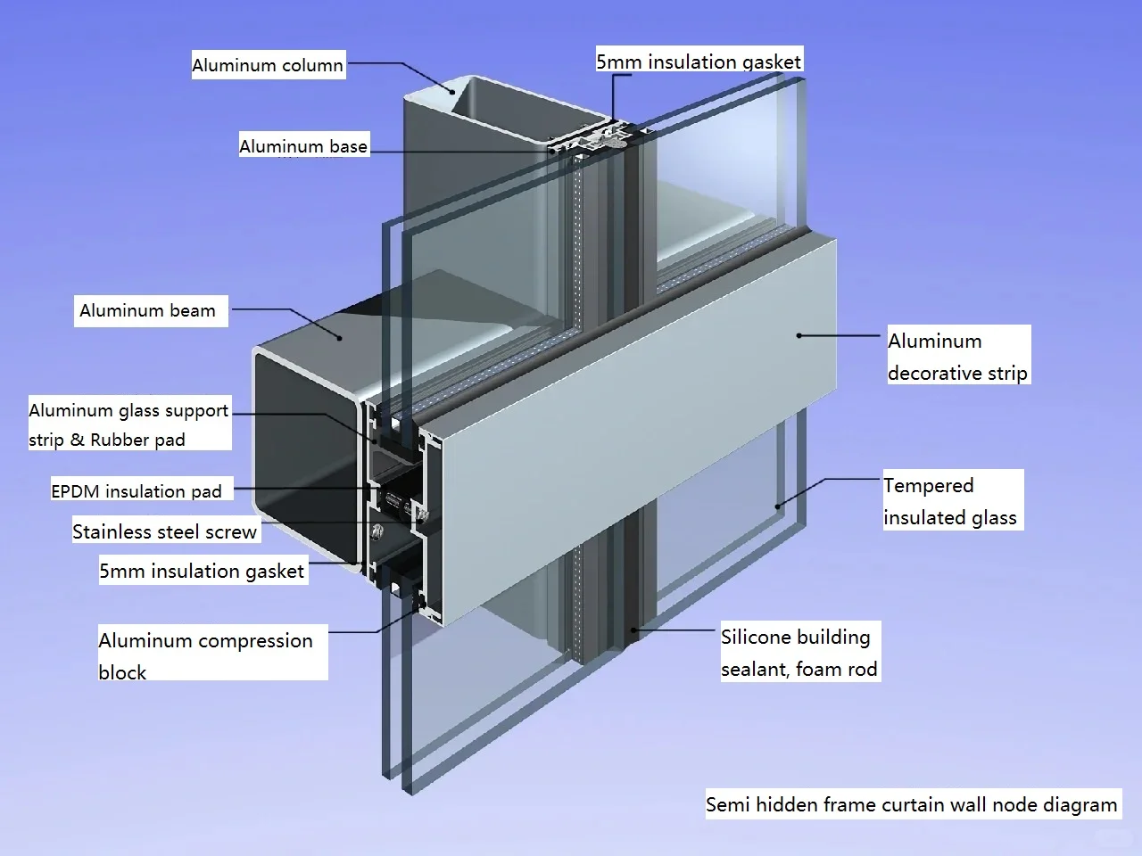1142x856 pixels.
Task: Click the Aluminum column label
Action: [x=268, y=65]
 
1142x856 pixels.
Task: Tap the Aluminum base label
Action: [x=303, y=146]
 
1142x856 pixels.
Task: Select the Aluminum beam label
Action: [x=147, y=310]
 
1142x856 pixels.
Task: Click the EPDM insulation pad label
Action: [x=137, y=490]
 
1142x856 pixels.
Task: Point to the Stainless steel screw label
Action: [x=164, y=532]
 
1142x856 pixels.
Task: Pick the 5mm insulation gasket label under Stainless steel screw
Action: [x=202, y=571]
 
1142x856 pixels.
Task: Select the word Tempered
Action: [x=928, y=486]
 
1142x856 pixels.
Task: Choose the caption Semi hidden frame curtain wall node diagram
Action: [x=911, y=804]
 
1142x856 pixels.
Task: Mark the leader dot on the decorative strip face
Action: [x=799, y=335]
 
